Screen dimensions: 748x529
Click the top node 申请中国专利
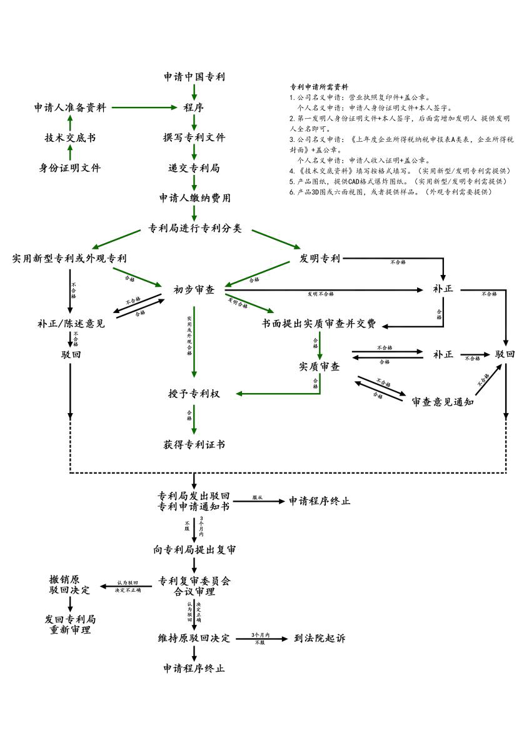[x=194, y=77]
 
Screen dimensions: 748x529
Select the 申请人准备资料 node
[x=69, y=107]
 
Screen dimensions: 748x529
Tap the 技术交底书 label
[x=69, y=137]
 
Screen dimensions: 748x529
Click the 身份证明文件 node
[x=69, y=167]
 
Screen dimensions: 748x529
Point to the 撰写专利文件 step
[x=194, y=137]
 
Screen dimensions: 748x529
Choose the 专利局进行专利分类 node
[x=194, y=228]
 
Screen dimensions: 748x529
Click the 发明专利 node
[x=320, y=258]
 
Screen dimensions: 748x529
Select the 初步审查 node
[x=194, y=289]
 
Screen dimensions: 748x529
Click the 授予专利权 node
[x=194, y=394]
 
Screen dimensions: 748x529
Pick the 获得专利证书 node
[x=194, y=445]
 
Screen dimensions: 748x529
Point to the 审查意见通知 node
[x=442, y=402]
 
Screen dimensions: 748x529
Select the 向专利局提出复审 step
[x=194, y=550]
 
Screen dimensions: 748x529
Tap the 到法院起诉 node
[x=319, y=638]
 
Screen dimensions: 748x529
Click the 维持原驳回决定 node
[x=194, y=638]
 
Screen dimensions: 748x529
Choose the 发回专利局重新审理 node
[x=70, y=624]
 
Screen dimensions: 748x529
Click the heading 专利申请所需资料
[x=319, y=87]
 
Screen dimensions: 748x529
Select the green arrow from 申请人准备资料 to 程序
[x=144, y=107]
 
